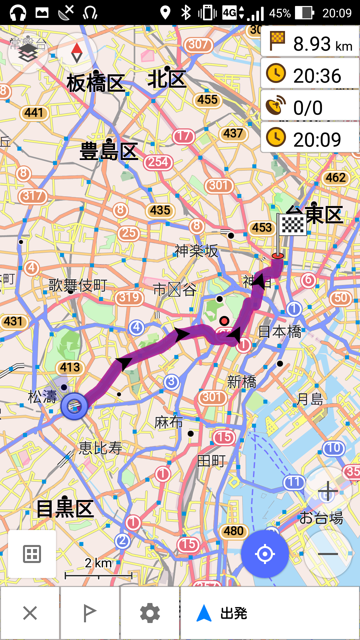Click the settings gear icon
point(150,613)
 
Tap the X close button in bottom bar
point(30,613)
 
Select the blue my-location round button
point(265,554)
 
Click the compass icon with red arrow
point(77,53)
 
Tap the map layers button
point(28,53)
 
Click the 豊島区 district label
point(109,152)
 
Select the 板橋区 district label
point(96,83)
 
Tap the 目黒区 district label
point(65,509)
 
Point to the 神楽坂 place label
point(197,251)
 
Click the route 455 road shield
point(207,100)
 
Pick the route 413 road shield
point(70,367)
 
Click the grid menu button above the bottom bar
point(32,554)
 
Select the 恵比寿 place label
point(101,448)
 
